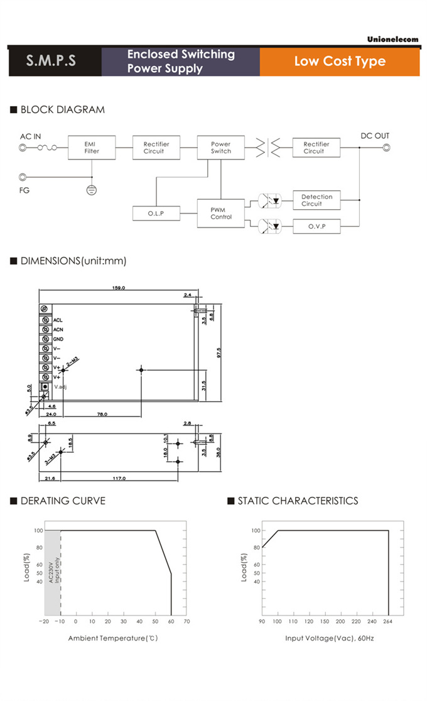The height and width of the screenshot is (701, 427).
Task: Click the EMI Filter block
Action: point(91,148)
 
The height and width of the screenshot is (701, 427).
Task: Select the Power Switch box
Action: point(220,148)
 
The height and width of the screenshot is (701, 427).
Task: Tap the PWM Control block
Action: point(220,213)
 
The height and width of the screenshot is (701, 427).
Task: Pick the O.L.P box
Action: point(156,214)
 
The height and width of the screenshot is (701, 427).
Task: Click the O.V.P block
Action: point(316,226)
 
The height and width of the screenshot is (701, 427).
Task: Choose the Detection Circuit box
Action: point(316,200)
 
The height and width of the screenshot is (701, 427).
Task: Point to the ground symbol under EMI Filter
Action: point(91,188)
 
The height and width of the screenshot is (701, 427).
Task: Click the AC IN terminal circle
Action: point(23,148)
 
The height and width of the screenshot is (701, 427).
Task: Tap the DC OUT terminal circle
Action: point(387,148)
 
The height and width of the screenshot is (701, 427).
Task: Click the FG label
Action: point(24,189)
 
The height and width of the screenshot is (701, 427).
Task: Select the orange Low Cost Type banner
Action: point(340,62)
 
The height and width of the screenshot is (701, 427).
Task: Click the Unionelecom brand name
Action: point(392,39)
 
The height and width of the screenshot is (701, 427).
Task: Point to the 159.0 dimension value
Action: point(119,288)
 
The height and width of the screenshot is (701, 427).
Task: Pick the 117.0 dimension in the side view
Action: point(119,478)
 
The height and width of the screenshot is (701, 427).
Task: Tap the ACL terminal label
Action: point(58,320)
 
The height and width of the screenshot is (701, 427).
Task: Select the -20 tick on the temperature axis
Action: point(44,621)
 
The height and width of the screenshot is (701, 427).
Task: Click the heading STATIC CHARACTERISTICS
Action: point(298,501)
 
